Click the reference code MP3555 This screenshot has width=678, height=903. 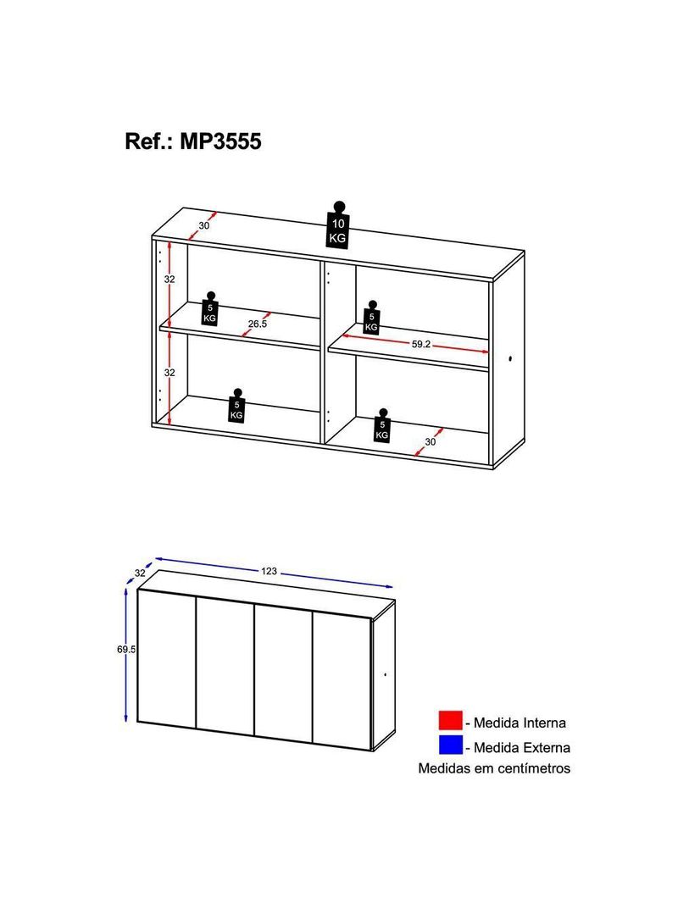coord(220,141)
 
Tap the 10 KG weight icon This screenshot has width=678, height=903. coord(338,225)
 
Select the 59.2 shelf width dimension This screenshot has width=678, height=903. coord(420,345)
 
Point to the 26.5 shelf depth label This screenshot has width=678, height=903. coord(258,324)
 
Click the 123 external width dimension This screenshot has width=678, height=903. coord(269,571)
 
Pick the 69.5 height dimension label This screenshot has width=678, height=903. coord(126,649)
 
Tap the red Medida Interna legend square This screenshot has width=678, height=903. coord(450,720)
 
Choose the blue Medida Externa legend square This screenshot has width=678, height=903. coord(450,745)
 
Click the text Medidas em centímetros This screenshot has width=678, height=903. coord(494,768)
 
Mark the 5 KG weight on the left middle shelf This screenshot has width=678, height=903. coord(209,309)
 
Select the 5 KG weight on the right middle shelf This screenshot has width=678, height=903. coord(371,318)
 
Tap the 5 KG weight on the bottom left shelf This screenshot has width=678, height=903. coord(236,406)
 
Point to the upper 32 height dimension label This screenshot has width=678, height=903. coord(169,280)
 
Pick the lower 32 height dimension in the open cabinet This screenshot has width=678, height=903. coord(169,373)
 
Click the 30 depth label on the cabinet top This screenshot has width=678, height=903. coord(204,225)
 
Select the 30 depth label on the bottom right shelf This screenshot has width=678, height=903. coord(431,441)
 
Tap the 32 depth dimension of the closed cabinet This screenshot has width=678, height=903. coord(140,573)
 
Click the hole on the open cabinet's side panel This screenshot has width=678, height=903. coord(511,360)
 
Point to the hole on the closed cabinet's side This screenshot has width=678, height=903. coord(386,674)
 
